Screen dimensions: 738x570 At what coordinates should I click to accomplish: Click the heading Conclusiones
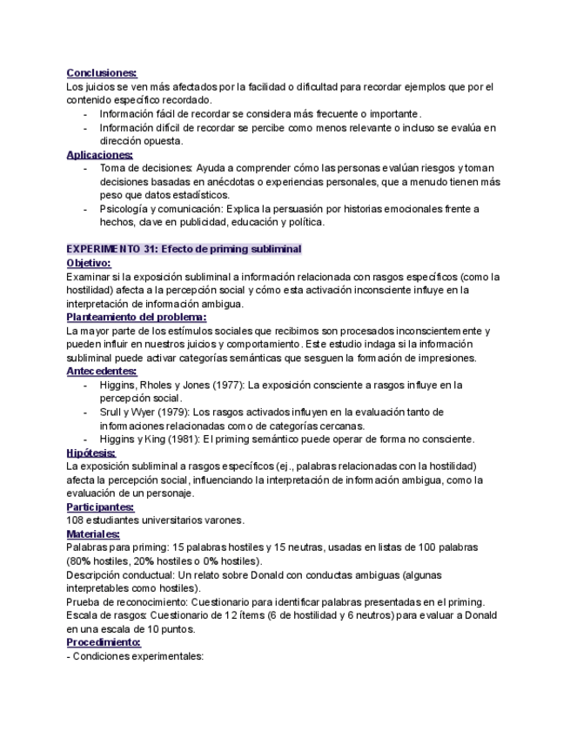(x=102, y=73)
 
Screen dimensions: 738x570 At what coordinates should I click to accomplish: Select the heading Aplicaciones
(x=99, y=155)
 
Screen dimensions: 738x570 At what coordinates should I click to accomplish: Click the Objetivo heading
(x=89, y=263)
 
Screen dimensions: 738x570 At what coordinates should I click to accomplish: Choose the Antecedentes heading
(x=101, y=371)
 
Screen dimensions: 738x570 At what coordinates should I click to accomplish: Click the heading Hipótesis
(x=90, y=453)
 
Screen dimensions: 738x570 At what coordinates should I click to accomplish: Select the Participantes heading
(x=100, y=507)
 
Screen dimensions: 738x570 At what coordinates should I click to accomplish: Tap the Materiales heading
(x=93, y=533)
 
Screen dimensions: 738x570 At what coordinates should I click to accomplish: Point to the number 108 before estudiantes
(x=76, y=520)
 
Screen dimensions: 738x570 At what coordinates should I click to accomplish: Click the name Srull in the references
(x=112, y=412)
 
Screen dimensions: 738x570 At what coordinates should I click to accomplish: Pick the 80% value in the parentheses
(x=82, y=561)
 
